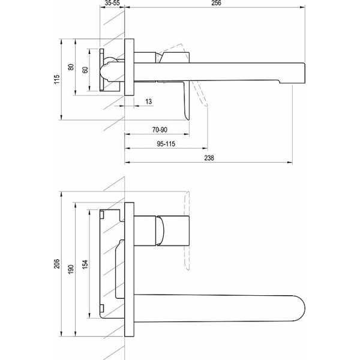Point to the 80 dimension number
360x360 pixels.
coord(71,67)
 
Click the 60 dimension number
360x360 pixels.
coord(85,70)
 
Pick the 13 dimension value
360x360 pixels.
coord(148,101)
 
